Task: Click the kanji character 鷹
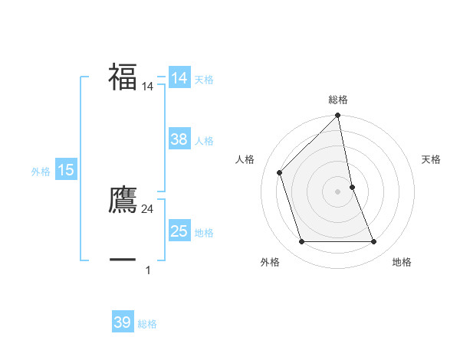123,199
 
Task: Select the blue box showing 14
179,78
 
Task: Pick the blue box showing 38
179,139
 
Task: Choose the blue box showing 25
179,231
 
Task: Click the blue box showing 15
66,170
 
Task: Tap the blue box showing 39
123,322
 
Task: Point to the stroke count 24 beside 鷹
148,209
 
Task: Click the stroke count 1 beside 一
148,270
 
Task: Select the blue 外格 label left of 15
41,172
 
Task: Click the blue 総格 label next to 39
147,324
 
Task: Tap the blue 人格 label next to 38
204,141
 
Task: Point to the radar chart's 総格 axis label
338,100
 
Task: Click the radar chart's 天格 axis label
432,159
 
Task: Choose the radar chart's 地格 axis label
402,262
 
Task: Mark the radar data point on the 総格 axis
338,116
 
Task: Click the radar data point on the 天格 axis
352,187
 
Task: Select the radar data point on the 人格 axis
280,172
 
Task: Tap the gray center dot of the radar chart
338,191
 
